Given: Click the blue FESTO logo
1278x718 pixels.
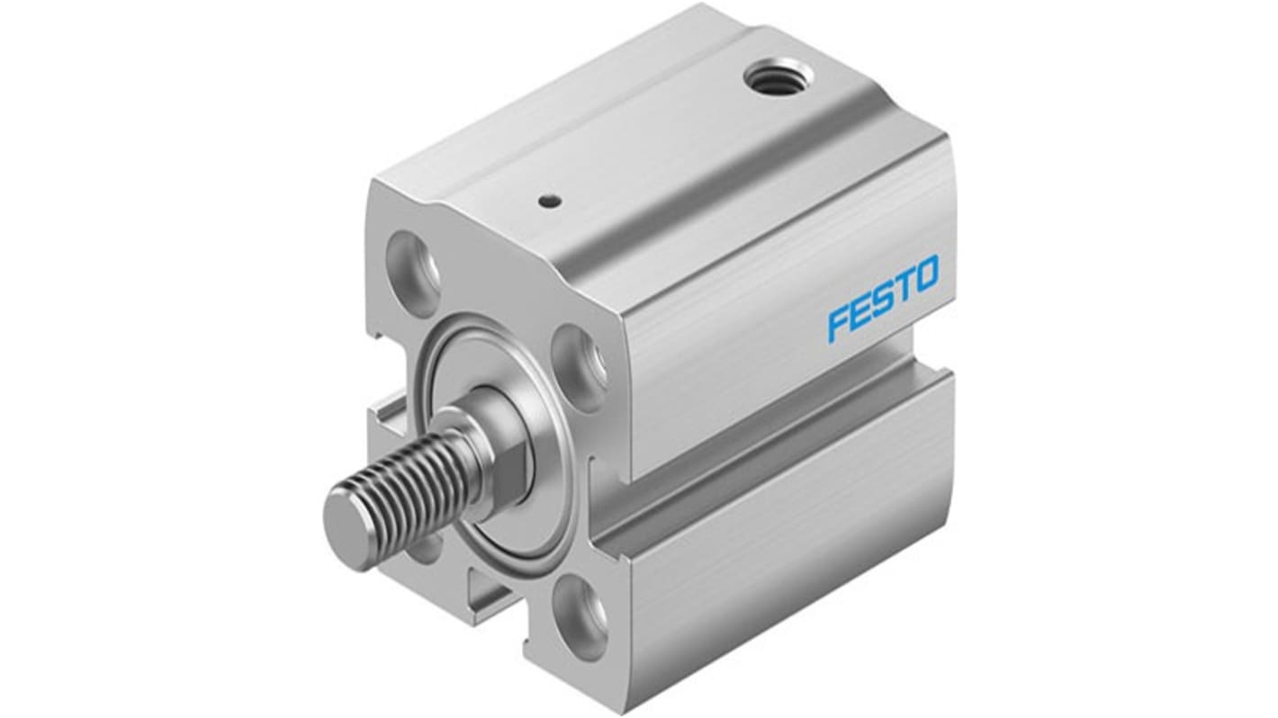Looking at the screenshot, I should pyautogui.click(x=883, y=298).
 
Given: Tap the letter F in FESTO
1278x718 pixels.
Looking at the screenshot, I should pyautogui.click(x=836, y=325).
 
